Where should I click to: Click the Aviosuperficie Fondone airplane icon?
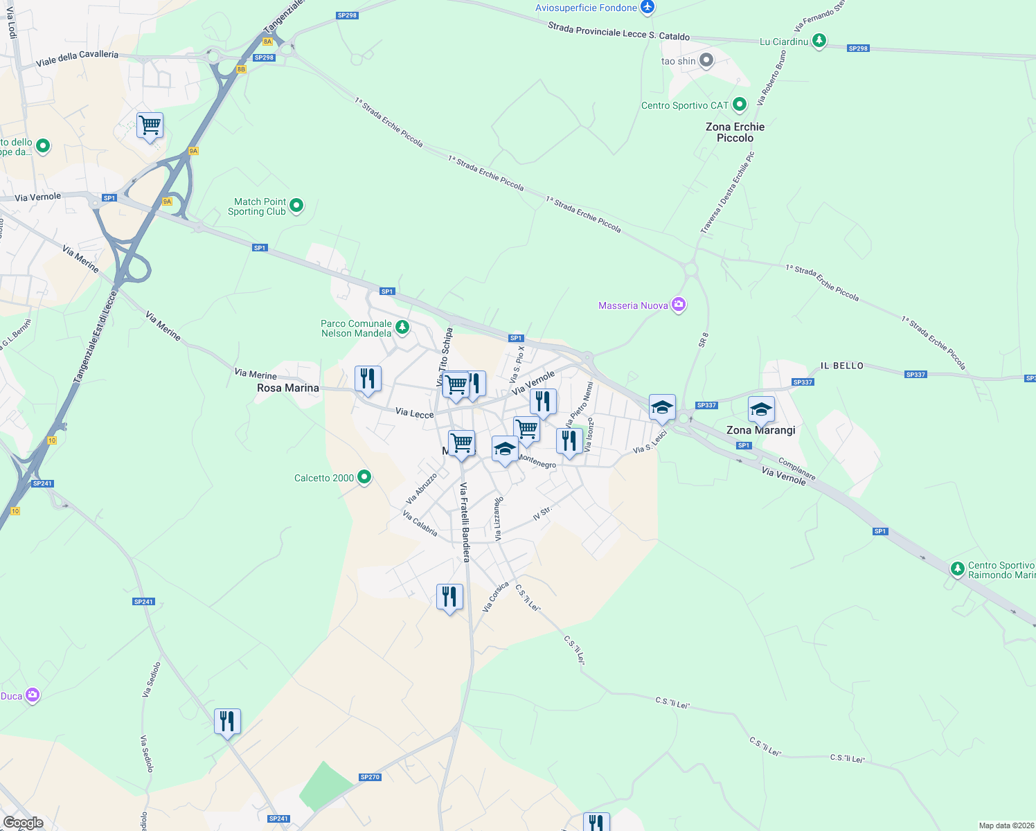[x=647, y=8]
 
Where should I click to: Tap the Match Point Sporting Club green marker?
[x=296, y=205]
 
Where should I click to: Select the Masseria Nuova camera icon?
[x=679, y=305]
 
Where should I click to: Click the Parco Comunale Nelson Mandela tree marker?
[x=402, y=326]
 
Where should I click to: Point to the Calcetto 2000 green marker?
[x=364, y=477]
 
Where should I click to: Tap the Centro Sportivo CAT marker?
[x=740, y=105]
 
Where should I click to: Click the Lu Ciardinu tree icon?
[x=819, y=41]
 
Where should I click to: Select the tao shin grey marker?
[x=706, y=60]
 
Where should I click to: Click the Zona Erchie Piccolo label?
[x=735, y=132]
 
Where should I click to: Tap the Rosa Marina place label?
[x=288, y=388]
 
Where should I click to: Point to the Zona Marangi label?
[x=760, y=430]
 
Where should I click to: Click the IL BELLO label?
[x=842, y=366]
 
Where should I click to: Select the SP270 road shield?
[x=370, y=777]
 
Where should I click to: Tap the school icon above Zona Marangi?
[x=761, y=409]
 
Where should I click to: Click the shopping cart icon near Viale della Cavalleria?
[x=150, y=126]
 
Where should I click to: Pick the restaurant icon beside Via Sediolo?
[x=227, y=722]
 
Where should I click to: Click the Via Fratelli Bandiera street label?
[x=465, y=522]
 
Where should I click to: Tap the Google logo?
[x=24, y=823]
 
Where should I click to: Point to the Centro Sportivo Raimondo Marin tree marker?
[x=957, y=569]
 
